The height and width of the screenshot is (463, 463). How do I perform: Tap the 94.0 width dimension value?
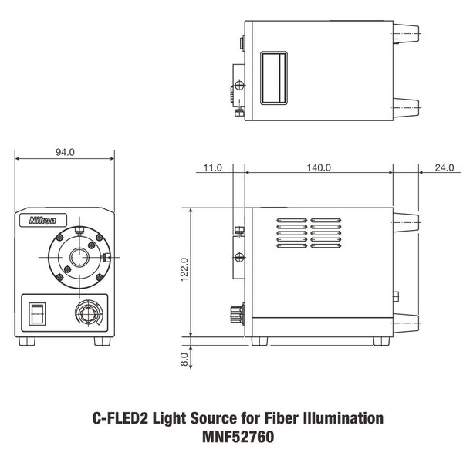pos(65,152)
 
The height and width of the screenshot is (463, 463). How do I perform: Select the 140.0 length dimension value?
pos(319,167)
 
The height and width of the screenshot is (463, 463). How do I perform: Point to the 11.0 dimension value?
pos(213,167)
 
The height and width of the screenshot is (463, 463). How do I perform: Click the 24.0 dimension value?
pos(444,167)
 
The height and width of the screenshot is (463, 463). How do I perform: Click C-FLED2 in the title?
pos(112,419)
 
